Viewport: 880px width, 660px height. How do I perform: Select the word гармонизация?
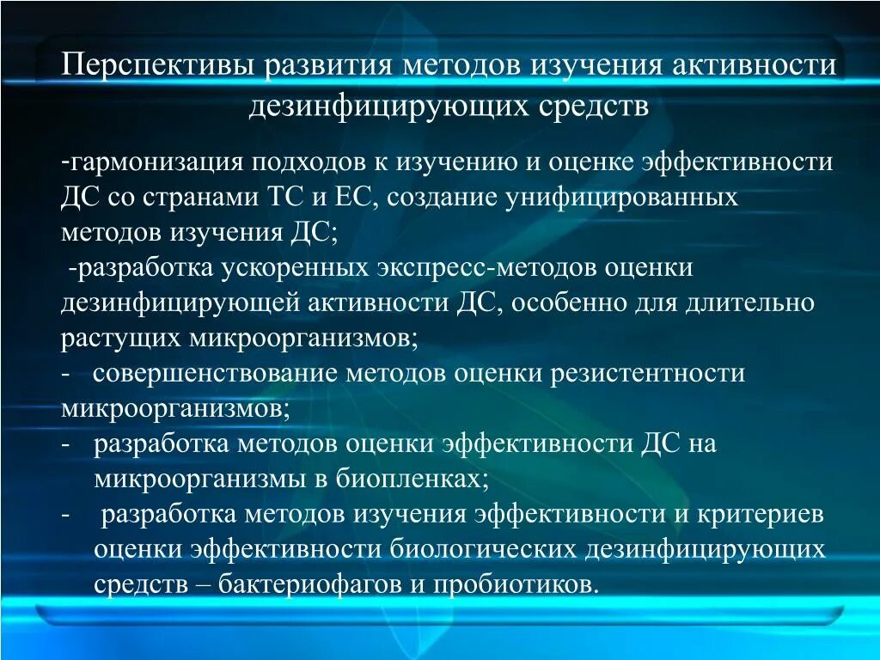pyautogui.click(x=168, y=162)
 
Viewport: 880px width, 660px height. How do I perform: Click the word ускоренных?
pyautogui.click(x=296, y=268)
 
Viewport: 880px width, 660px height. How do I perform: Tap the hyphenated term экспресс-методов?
pyautogui.click(x=489, y=268)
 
